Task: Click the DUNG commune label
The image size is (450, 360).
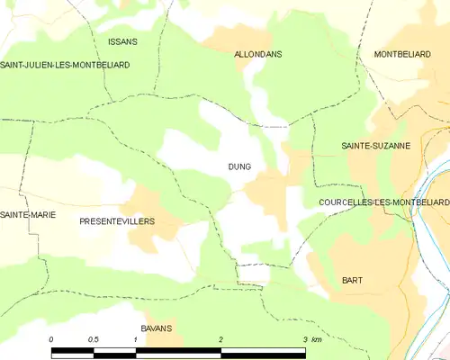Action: pos(239,166)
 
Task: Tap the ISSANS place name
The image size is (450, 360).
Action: pos(122,42)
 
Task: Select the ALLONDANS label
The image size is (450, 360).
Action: pos(257,54)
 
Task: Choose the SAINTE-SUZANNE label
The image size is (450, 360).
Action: pos(375,145)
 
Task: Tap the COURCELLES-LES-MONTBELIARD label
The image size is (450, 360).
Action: pos(384,203)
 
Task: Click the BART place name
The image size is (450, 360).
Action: pos(352,280)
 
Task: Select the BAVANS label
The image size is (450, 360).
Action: pos(156,328)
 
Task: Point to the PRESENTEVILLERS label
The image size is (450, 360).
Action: pos(117,220)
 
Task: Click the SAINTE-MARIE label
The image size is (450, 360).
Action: pos(23,214)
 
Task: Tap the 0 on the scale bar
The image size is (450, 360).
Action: pos(52,339)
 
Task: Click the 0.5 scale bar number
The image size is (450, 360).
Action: pos(93,339)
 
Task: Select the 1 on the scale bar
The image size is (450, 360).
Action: pos(136,339)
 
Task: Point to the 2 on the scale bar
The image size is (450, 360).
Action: pos(220,339)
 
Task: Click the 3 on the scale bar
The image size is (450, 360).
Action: pos(305,339)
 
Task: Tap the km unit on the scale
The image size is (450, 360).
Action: pos(319,339)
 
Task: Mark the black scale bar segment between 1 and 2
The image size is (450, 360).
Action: pos(178,352)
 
